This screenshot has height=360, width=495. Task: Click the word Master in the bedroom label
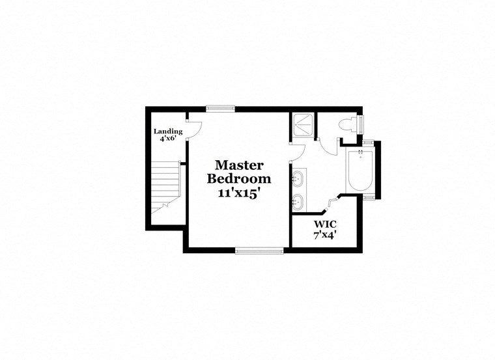pos(239,165)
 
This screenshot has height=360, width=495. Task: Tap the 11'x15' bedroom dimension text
pos(239,193)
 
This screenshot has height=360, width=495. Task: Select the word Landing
pos(167,132)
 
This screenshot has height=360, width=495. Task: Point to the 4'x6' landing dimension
pos(167,139)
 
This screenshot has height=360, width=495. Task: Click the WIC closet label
pos(324,224)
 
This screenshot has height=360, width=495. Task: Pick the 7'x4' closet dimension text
pos(324,234)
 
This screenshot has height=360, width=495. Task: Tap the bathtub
pos(358,171)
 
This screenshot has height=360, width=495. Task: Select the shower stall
pos(302,124)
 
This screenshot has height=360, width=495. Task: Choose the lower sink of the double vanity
pos(299,201)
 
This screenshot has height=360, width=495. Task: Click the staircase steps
pos(165,186)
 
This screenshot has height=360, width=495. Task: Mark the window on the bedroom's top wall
pos(220,108)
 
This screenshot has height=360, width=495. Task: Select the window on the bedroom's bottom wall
pos(259,249)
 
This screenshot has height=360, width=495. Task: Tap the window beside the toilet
pos(361,124)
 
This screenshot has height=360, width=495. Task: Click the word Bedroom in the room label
pos(239,179)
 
